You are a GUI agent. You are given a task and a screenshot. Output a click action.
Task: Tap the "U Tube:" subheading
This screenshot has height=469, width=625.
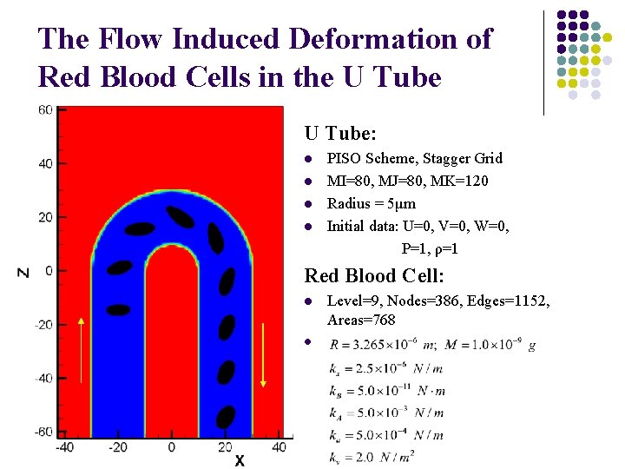click(x=340, y=134)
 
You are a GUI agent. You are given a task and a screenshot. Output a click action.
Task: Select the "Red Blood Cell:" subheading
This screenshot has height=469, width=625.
click(x=374, y=276)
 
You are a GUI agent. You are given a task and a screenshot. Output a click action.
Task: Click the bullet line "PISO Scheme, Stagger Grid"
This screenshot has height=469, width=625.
click(x=414, y=158)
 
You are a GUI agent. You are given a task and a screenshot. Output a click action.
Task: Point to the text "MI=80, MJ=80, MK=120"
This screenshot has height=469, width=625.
click(x=407, y=181)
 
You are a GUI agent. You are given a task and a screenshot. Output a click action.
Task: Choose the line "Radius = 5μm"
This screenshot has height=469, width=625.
click(x=371, y=203)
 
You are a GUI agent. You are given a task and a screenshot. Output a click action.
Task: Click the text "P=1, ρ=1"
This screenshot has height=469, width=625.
click(x=430, y=248)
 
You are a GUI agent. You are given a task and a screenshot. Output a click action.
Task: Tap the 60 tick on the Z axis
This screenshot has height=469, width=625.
click(x=45, y=109)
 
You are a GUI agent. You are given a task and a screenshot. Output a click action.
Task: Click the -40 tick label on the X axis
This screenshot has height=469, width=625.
click(x=63, y=446)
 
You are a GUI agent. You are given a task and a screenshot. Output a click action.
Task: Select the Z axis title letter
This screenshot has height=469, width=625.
click(x=23, y=272)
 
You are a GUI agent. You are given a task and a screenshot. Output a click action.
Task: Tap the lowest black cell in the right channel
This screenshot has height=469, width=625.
click(x=225, y=418)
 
